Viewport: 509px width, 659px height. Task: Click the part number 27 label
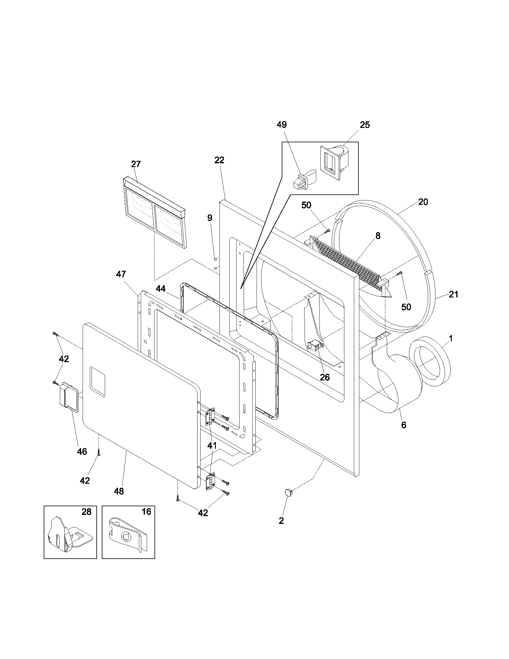click(x=136, y=164)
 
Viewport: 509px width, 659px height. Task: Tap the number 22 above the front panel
click(x=219, y=160)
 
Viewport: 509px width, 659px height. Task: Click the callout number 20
click(x=423, y=202)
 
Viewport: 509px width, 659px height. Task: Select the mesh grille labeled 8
click(x=347, y=261)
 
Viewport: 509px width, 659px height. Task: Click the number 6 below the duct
click(x=404, y=425)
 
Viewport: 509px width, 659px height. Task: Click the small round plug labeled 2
click(x=289, y=493)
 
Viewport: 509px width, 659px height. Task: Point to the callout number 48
click(x=119, y=492)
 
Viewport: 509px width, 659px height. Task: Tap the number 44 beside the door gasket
click(x=161, y=289)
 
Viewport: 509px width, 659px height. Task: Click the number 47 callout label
click(x=121, y=274)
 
